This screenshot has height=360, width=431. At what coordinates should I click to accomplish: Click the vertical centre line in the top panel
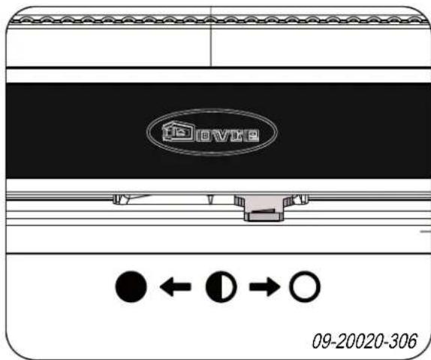coord(211,45)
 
